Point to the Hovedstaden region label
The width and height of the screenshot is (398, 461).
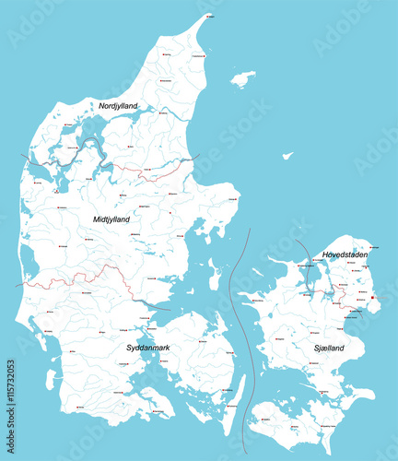pos(345,254)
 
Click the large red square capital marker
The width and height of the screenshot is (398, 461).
pos(371,297)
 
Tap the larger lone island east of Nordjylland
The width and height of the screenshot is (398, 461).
pos(243,79)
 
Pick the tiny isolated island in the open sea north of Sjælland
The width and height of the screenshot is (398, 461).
pos(287,156)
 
